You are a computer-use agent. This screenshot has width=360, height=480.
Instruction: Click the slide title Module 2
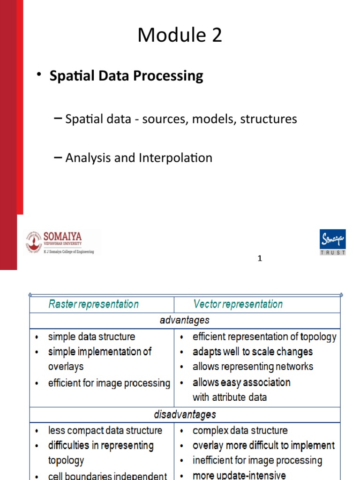(180, 36)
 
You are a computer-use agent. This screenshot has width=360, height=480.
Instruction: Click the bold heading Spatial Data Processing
(126, 76)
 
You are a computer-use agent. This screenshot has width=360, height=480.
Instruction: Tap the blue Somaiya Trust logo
(332, 242)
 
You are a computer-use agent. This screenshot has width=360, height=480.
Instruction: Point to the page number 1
(260, 258)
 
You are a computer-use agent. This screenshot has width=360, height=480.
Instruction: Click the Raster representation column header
(93, 304)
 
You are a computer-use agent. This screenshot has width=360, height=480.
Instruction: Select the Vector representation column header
(238, 304)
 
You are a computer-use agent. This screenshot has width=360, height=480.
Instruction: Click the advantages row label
(184, 321)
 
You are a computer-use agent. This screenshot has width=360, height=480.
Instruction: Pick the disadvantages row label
(185, 414)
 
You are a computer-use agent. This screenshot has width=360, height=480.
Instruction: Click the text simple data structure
(91, 337)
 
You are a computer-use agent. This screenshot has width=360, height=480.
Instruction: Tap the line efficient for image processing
(109, 383)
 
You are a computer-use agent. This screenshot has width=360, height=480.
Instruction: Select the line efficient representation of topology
(264, 337)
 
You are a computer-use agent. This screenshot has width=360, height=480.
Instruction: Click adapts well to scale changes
(252, 352)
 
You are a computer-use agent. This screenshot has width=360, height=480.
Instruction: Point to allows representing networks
(253, 367)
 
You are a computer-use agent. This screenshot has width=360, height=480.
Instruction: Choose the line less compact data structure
(105, 430)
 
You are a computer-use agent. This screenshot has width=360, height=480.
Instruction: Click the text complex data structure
(240, 430)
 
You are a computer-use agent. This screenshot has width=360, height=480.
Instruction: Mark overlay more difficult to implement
(263, 445)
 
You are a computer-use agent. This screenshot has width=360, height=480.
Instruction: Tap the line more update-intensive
(239, 475)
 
